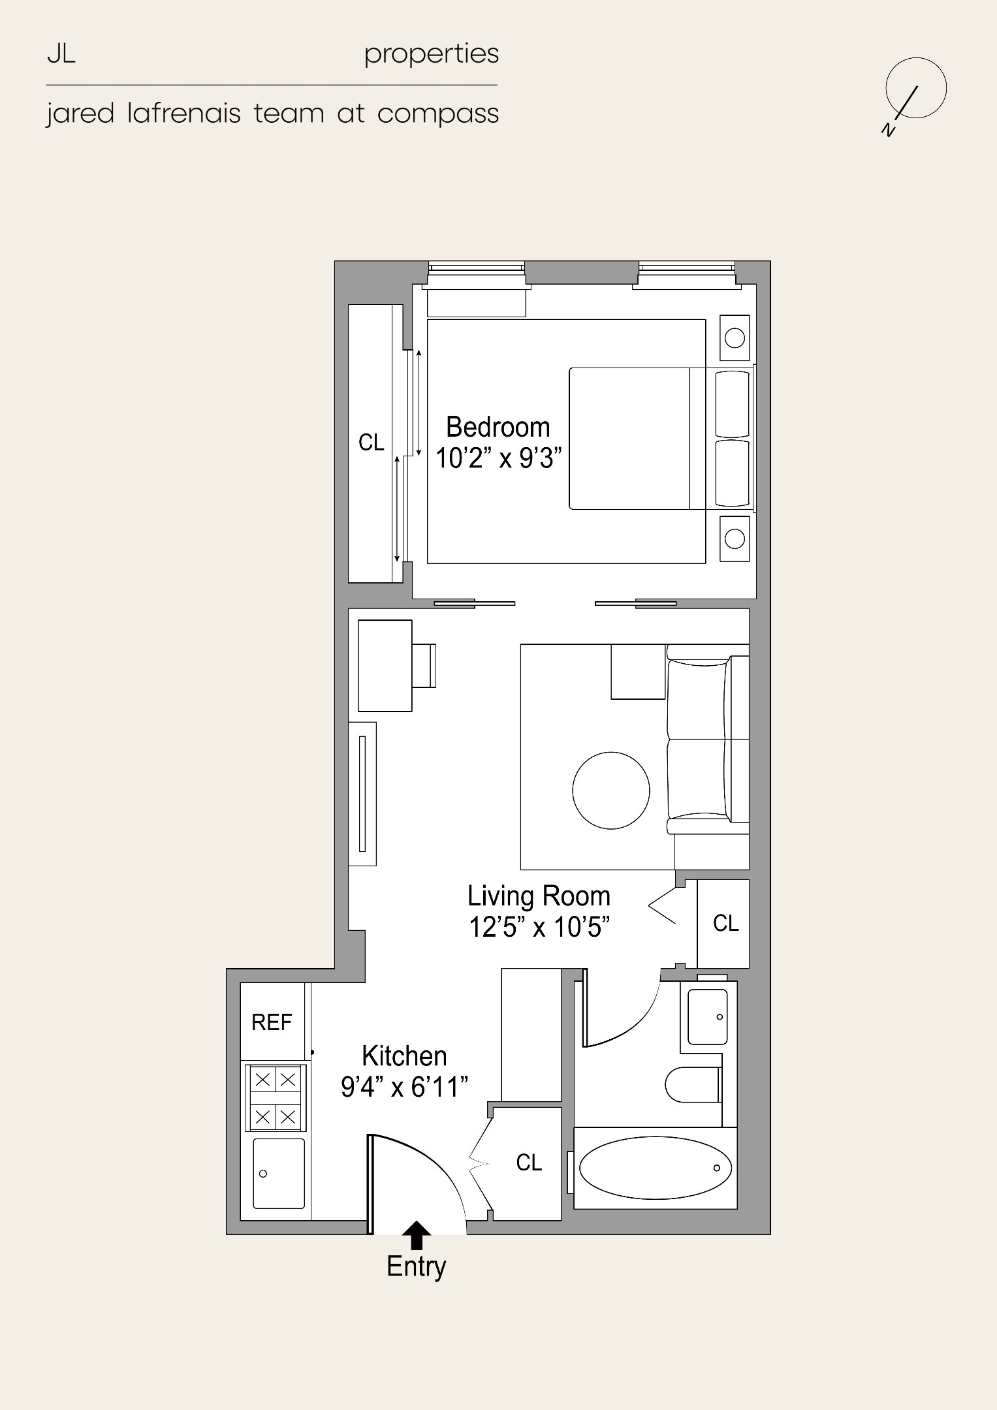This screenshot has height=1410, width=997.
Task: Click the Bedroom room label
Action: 498,428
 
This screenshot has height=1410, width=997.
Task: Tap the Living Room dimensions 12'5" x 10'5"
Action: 539,927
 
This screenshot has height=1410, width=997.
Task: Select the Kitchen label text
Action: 404,1056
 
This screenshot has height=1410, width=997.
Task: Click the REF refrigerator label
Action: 272,1022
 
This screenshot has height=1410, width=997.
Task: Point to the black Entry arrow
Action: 417,1234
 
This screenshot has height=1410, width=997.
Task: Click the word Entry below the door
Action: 416,1266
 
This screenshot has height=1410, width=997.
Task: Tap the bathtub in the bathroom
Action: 655,1168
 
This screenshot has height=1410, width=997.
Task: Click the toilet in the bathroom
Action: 692,1085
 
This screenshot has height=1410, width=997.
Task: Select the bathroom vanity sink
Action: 707,1016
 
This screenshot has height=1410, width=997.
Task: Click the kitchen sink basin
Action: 278,1173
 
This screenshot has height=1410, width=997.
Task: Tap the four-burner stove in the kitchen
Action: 275,1098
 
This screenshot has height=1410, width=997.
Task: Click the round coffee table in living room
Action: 610,790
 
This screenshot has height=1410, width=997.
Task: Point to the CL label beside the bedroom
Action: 372,443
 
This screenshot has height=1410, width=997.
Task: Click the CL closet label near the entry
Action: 529,1163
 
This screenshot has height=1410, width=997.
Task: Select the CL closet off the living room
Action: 725,923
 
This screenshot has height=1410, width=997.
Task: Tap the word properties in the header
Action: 432,55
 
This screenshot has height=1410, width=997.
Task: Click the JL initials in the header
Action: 61,55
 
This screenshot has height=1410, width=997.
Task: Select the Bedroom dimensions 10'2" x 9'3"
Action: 498,458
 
